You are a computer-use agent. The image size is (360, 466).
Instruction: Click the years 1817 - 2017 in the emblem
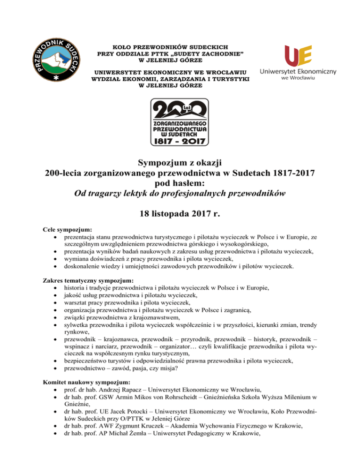coord(180,139)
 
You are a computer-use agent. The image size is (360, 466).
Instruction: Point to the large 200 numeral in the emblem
coord(180,109)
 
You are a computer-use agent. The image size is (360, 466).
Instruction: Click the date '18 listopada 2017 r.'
coord(180,211)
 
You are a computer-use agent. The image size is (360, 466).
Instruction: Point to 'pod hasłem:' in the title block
coord(180,183)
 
